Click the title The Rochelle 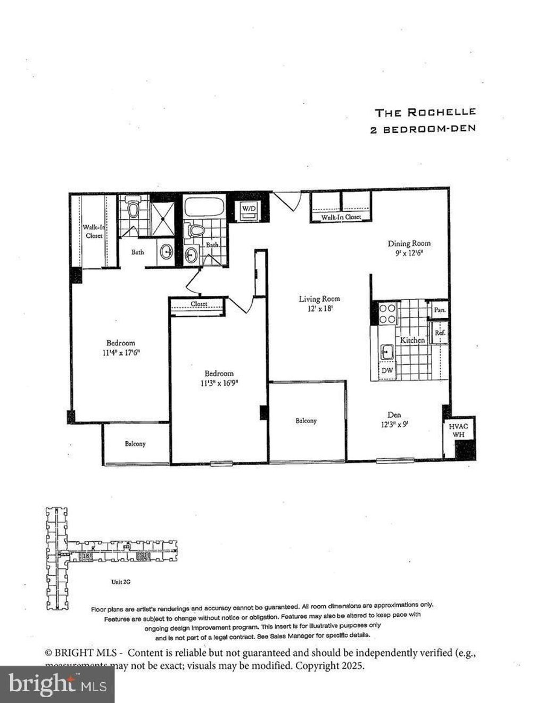[425, 112]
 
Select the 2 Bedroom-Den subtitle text [423, 129]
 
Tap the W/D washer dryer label [249, 209]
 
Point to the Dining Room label [409, 243]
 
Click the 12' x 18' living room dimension [319, 308]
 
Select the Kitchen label [412, 340]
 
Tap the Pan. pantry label [440, 309]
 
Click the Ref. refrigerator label [440, 333]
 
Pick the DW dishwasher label [387, 370]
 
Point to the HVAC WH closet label [458, 431]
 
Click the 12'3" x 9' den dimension [394, 425]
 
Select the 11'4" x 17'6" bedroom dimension [121, 352]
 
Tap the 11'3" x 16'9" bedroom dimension [219, 383]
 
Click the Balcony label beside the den [306, 420]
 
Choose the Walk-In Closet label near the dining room [341, 217]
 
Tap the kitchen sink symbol [386, 351]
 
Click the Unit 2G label [120, 582]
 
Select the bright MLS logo [57, 683]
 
